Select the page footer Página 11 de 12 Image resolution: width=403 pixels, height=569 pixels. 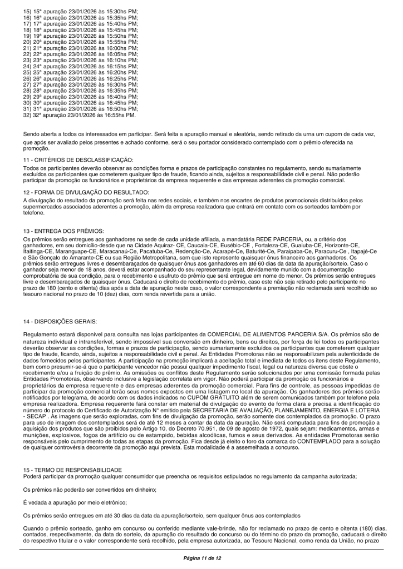[202, 557]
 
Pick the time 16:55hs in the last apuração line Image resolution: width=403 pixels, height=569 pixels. [117, 116]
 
